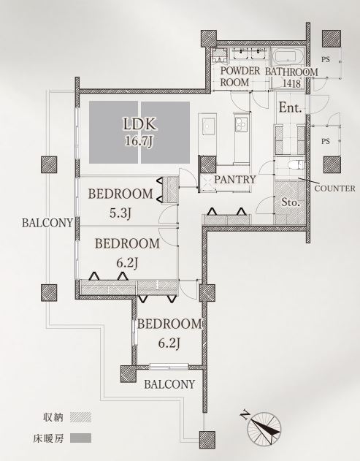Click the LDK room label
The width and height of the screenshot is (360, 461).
tap(139, 124)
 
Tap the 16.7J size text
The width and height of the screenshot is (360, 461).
tap(139, 142)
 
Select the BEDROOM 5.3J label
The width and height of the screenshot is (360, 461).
tap(120, 203)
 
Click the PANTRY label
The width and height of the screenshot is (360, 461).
tap(235, 179)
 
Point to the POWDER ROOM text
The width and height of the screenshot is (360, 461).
tap(240, 77)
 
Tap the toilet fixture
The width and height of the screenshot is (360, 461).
tap(297, 164)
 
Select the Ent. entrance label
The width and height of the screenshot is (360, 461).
tap(291, 107)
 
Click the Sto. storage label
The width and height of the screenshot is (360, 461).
tap(291, 202)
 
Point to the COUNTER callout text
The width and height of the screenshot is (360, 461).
tap(334, 188)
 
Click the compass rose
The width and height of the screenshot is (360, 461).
tap(264, 428)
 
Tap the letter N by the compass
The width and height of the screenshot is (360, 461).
tap(244, 415)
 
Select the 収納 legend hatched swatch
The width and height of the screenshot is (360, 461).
tap(80, 417)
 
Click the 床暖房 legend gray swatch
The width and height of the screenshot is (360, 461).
tap(80, 438)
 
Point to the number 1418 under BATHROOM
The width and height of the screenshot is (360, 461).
tap(291, 84)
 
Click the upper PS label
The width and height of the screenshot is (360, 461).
tap(326, 60)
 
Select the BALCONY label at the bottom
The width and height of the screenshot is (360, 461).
tap(169, 384)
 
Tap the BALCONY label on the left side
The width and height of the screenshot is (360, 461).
tap(47, 223)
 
